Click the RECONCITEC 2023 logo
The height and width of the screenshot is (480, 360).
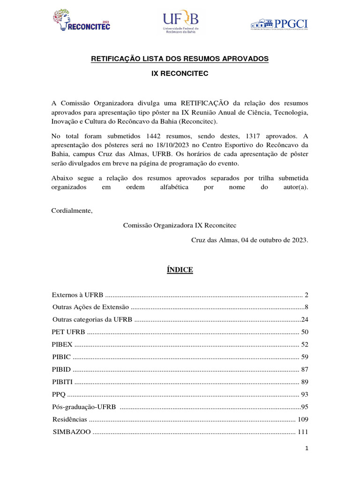(x=82, y=21)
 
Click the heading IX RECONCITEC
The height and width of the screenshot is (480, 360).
(x=180, y=74)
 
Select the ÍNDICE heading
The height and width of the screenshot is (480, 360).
(x=180, y=270)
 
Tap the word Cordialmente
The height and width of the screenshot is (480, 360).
(x=72, y=210)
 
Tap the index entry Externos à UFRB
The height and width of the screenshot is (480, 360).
(x=77, y=295)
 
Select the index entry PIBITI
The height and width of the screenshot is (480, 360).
(x=62, y=382)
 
